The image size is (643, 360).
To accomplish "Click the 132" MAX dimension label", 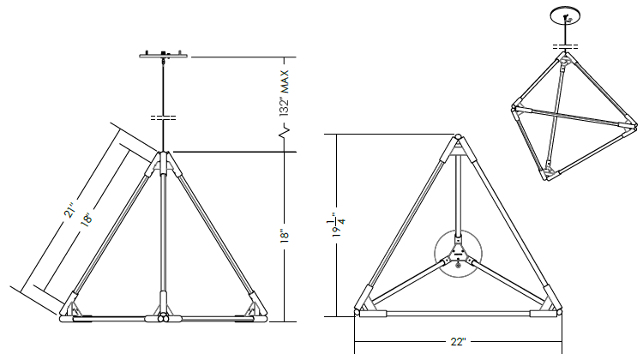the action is click(285, 93).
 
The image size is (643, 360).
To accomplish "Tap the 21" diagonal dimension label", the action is click(70, 209).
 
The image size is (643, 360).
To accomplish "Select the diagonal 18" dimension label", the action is click(87, 218).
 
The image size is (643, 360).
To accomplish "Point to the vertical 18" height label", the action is click(285, 236).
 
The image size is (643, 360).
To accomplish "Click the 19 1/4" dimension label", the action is click(340, 225).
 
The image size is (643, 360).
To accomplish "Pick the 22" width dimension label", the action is click(458, 341).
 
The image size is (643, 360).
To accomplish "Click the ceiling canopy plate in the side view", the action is click(164, 55).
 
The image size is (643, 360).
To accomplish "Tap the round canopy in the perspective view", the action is click(566, 15).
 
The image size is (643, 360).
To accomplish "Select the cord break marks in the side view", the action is click(163, 118).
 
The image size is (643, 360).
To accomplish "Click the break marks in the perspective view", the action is click(566, 46).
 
